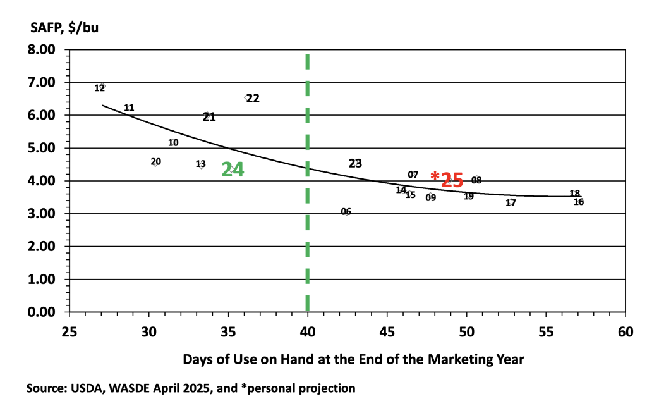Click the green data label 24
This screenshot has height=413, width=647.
click(233, 170)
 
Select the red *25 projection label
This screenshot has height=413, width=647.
click(447, 180)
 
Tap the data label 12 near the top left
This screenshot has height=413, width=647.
click(100, 88)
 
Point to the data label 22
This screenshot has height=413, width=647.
click(253, 99)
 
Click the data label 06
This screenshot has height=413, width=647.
click(346, 212)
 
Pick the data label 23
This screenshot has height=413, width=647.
click(355, 163)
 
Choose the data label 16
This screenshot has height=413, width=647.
click(579, 202)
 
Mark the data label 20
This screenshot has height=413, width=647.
click(156, 162)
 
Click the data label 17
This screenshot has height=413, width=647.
click(511, 203)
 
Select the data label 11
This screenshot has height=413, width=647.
click(129, 108)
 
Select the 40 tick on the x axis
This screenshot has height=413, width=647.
click(308, 331)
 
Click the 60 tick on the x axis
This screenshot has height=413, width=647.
click(626, 331)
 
